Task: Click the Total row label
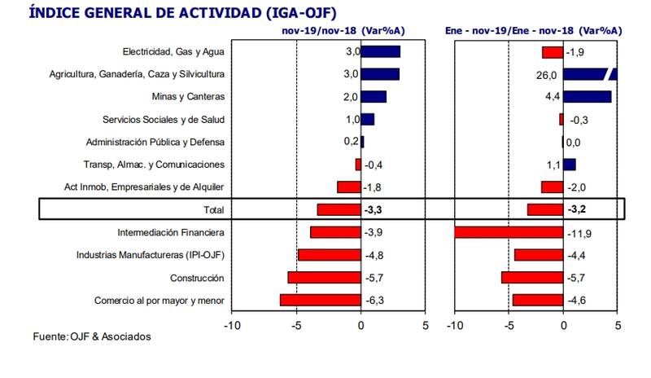[x=214, y=210]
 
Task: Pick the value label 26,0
[x=547, y=75]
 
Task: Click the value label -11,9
[x=577, y=233]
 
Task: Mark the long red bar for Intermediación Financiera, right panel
[x=508, y=233]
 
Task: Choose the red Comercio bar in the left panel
[x=321, y=301]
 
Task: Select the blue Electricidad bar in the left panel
[x=380, y=52]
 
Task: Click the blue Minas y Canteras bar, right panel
[x=587, y=97]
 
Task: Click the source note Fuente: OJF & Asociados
[x=92, y=336]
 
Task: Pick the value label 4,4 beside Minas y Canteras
[x=550, y=97]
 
